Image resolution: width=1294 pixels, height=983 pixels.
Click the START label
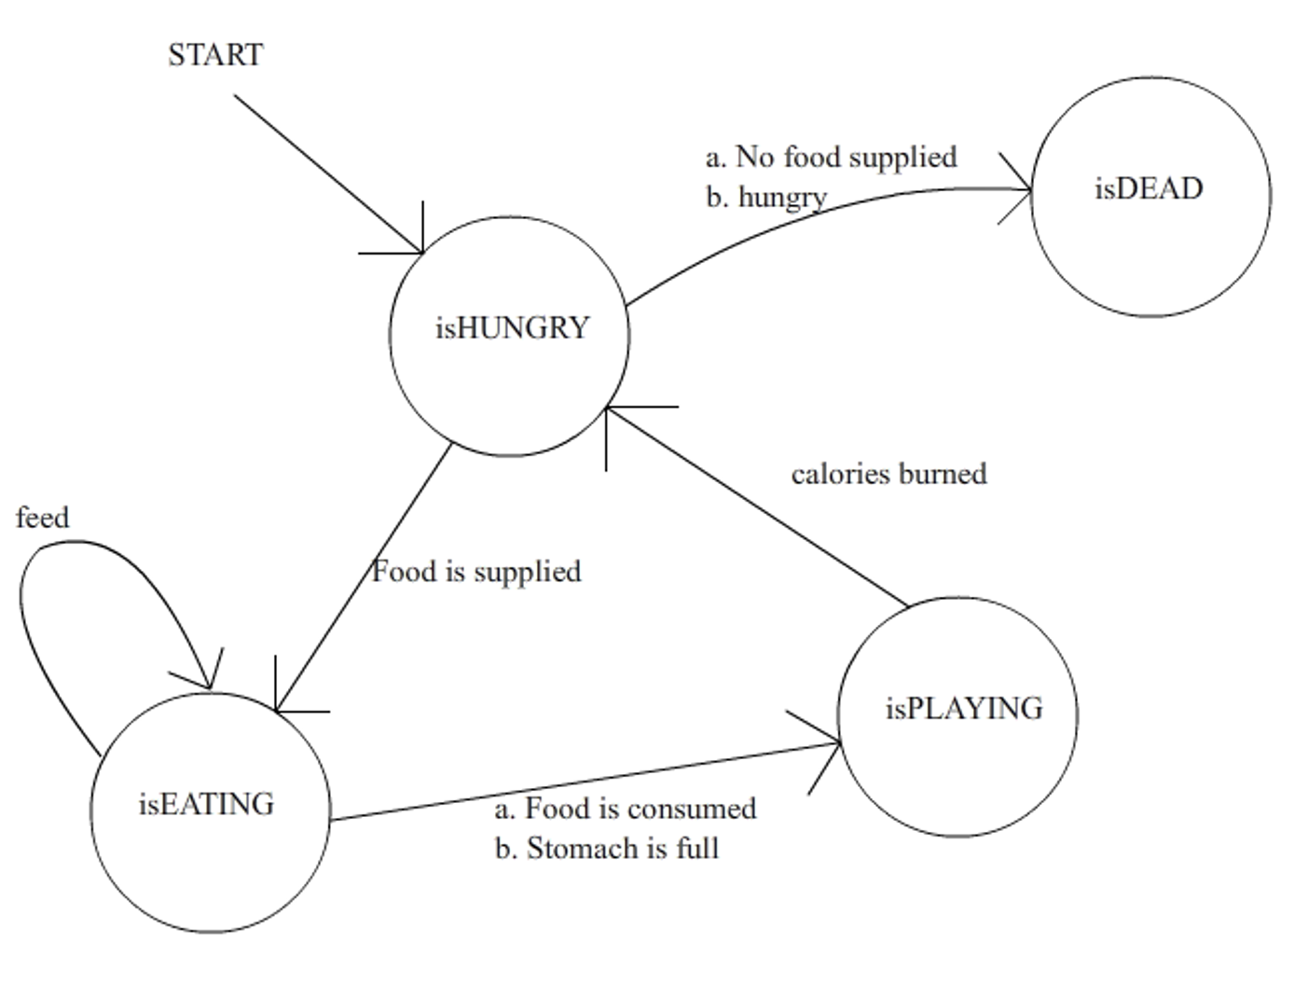point(215,55)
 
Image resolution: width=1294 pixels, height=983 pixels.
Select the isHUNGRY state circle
point(509,336)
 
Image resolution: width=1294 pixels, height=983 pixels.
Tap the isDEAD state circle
point(1150,196)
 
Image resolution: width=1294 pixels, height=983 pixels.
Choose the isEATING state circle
point(210,811)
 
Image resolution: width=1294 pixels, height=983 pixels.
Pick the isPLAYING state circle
point(957,716)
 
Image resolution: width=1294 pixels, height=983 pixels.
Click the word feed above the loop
point(42,518)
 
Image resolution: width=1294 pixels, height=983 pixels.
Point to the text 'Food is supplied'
point(476,571)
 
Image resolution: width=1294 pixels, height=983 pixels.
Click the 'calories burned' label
point(888,474)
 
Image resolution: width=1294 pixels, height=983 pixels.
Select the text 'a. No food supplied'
point(831,157)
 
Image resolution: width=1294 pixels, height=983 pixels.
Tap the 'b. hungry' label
point(766,197)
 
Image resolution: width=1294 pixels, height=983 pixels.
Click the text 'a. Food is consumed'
point(626,808)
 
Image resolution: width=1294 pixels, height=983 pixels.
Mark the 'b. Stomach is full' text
point(607,848)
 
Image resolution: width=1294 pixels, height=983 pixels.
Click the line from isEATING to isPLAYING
point(578,783)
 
